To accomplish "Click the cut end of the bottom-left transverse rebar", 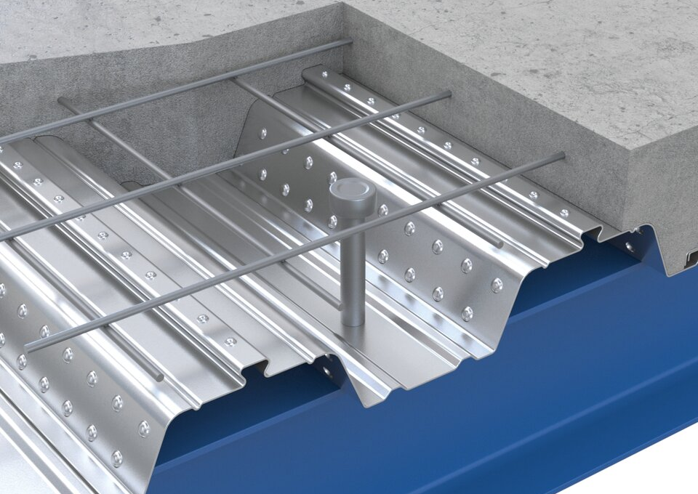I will (159, 377).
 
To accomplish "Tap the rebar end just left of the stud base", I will (337, 306).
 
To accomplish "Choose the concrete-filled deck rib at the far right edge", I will (680, 254).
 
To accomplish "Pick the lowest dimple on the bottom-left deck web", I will (116, 458).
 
